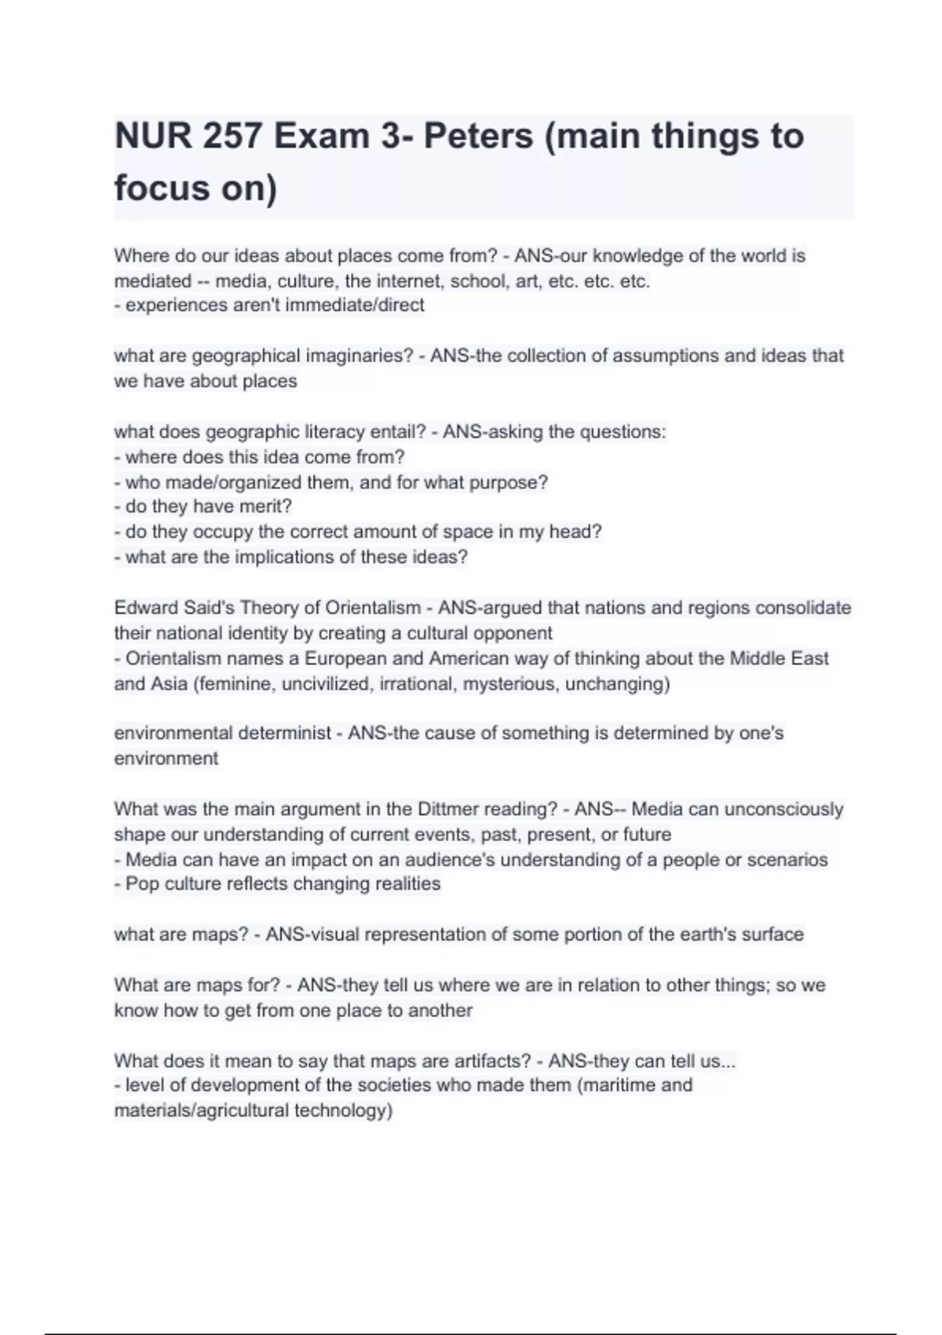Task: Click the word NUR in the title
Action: point(152,137)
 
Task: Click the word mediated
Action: point(153,281)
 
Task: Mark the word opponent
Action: point(516,633)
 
